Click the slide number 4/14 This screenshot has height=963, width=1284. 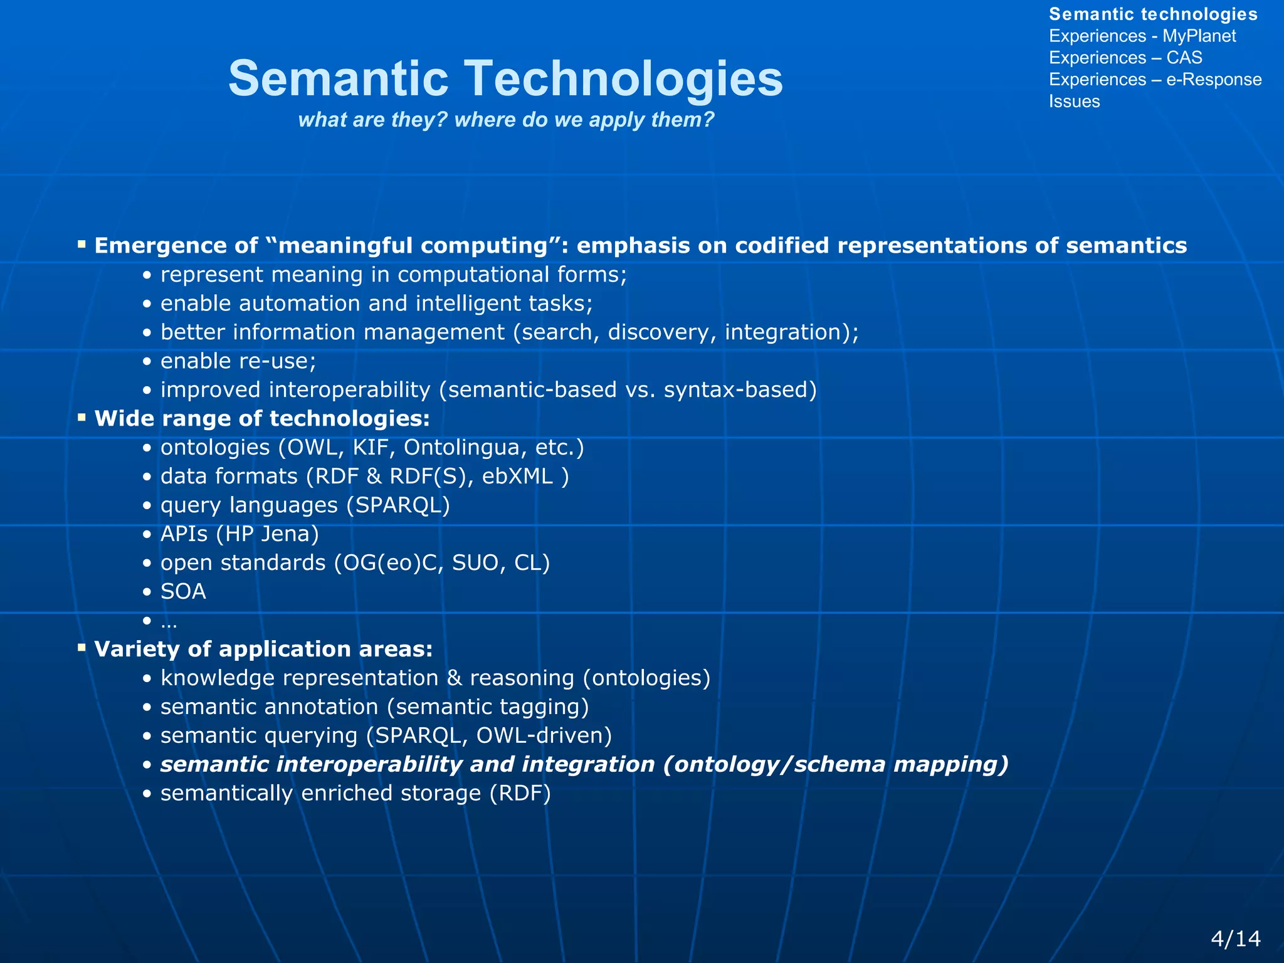1235,939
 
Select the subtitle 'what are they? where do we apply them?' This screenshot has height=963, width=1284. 506,119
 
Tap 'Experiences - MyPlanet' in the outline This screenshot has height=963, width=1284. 1142,36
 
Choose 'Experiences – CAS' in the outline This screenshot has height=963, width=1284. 1125,58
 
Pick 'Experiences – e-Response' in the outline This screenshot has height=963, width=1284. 1155,80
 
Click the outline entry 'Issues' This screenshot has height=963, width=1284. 1074,102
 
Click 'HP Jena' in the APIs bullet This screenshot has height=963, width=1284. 267,534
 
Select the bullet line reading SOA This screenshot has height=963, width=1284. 183,592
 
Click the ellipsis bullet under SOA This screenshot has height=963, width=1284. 169,621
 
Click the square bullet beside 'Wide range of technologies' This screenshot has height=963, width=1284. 82,417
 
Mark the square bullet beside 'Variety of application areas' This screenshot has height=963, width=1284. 82,647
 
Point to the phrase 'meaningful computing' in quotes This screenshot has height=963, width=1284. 413,246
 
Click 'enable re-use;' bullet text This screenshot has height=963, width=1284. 238,361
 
